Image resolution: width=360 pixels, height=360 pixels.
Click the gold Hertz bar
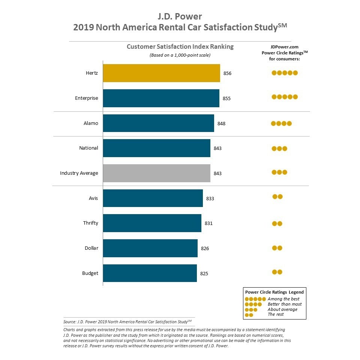[x=161, y=73]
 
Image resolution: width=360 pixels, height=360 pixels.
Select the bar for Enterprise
[x=161, y=98]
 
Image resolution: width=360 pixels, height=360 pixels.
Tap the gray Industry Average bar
[x=156, y=173]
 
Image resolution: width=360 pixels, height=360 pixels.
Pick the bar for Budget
[x=150, y=273]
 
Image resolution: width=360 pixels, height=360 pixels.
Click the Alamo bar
[x=158, y=123]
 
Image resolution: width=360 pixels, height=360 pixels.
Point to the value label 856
[x=227, y=73]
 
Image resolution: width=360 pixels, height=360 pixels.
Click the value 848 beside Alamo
[x=221, y=123]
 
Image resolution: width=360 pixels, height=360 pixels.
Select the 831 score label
[x=208, y=223]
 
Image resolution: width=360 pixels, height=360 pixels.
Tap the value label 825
[x=204, y=273]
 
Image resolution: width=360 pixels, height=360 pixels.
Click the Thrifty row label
[x=90, y=223]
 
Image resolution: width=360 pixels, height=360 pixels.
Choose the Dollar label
[x=91, y=248]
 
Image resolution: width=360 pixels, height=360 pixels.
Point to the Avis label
[x=93, y=198]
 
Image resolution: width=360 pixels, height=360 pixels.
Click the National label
[x=88, y=148]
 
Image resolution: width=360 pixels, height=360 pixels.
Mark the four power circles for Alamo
[x=281, y=123]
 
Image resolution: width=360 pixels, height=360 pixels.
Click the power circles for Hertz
[x=285, y=73]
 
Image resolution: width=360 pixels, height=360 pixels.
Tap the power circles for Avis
[x=277, y=196]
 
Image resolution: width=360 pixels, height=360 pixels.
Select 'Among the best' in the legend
[x=283, y=299]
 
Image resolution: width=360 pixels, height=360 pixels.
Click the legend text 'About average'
[x=282, y=309]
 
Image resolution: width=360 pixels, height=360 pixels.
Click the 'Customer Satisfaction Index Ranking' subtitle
[x=180, y=47]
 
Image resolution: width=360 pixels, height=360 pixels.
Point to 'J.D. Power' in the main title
[x=180, y=16]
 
